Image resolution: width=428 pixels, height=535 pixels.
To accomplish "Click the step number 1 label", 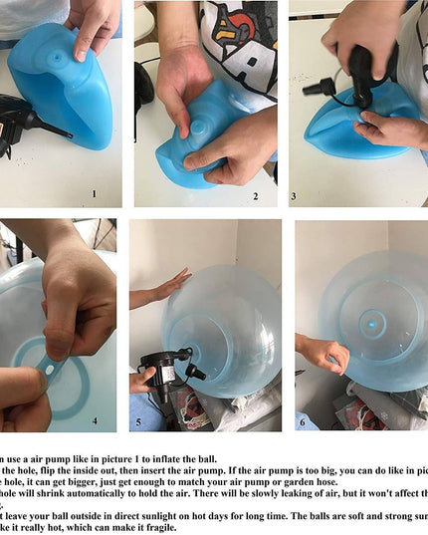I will tap(94, 195).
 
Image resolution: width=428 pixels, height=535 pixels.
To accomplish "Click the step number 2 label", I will tap(255, 196).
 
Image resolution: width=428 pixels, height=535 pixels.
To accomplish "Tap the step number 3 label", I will tap(294, 196).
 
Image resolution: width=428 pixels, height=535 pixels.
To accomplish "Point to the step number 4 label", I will tap(96, 421).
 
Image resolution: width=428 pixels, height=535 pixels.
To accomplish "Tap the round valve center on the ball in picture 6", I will tap(372, 322).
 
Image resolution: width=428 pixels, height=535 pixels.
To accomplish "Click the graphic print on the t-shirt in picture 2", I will tap(239, 40).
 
